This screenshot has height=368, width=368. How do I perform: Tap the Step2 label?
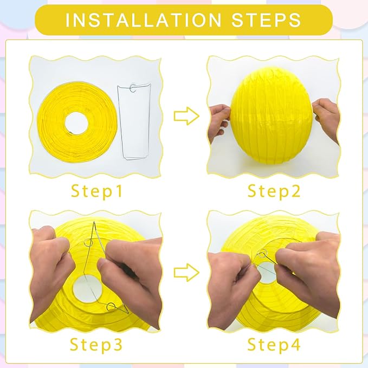[x=274, y=191]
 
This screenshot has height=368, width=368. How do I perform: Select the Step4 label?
[x=274, y=345]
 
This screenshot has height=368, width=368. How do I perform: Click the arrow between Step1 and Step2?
[x=184, y=115]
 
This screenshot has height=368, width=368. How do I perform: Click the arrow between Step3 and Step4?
[x=184, y=269]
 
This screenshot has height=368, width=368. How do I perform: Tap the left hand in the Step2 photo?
[x=219, y=121]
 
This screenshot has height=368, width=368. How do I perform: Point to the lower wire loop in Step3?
[x=111, y=308]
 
